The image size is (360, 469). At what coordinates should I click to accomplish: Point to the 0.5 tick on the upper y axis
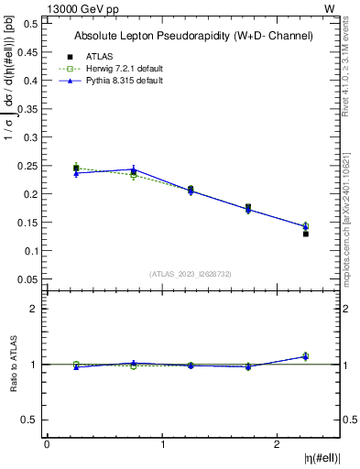pos(31,24)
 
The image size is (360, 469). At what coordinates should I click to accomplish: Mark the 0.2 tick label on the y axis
pos(31,194)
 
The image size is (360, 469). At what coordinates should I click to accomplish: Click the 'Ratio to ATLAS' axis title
pos(13,364)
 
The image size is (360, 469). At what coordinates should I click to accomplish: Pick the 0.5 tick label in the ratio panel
pos(31,420)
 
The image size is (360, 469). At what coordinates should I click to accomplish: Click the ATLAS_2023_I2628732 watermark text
pos(191,274)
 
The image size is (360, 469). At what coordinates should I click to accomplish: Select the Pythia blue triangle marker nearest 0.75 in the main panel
pos(134,169)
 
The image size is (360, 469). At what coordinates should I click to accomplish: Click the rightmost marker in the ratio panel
pos(306,356)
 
